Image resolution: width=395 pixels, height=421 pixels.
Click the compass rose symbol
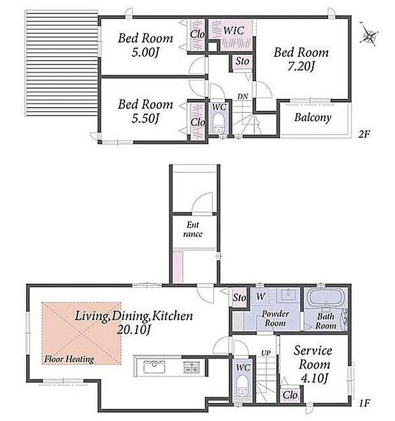point(369,36)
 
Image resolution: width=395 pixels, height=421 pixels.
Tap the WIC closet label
point(234,31)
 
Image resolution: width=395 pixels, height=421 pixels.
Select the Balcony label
point(312,117)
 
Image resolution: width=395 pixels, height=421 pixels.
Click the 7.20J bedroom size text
point(301,66)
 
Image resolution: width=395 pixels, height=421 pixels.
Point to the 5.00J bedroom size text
point(145,52)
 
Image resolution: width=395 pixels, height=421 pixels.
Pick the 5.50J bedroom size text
point(145,118)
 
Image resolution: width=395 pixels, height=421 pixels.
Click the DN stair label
point(243,96)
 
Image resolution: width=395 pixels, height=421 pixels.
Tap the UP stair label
point(266,353)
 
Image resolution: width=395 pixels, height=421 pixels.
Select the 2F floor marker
point(364,134)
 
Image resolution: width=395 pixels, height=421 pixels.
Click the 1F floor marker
point(364,403)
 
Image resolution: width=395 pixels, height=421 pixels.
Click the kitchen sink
point(154,367)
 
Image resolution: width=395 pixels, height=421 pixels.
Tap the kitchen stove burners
point(191,367)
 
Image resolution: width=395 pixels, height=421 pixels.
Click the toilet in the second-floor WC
point(219,123)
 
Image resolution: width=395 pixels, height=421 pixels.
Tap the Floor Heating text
point(69,359)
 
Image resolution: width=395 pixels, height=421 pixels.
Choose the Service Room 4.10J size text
point(314,378)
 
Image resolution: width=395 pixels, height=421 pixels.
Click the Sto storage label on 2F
point(242,61)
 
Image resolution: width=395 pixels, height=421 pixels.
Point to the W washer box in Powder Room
point(261,297)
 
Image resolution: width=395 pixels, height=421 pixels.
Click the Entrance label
point(193,229)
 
